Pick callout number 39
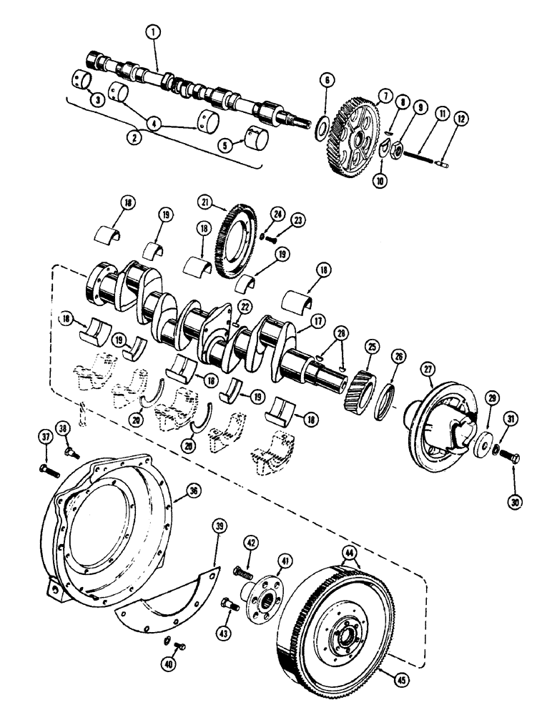(x=220, y=528)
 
